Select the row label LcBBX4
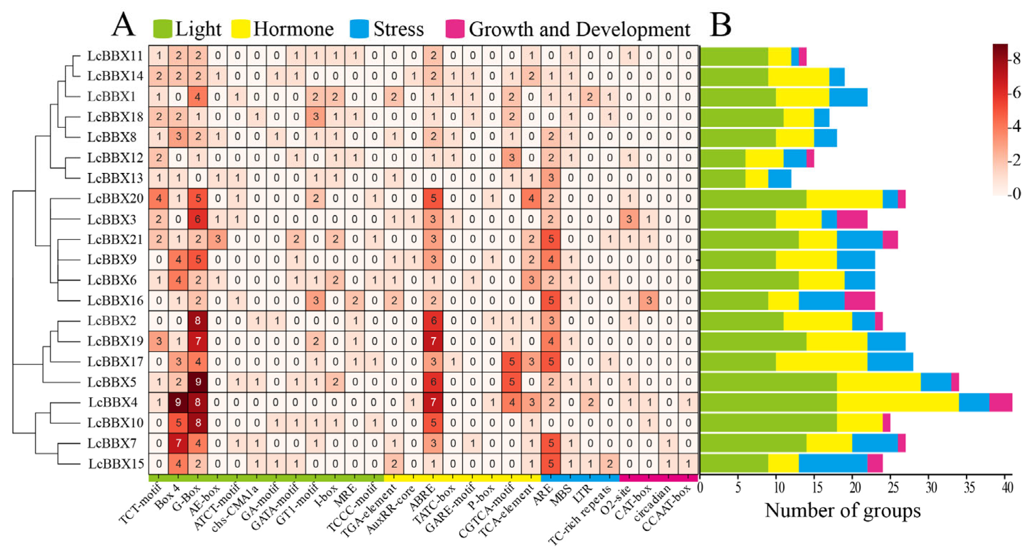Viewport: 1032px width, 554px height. coord(113,402)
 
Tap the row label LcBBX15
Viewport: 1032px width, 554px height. coord(116,464)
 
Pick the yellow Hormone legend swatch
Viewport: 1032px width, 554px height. coord(241,29)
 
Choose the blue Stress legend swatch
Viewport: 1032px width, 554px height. coord(359,29)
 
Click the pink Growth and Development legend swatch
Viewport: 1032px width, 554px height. coord(455,29)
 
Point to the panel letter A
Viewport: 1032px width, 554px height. coord(123,25)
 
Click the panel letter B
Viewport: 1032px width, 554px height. coord(720,25)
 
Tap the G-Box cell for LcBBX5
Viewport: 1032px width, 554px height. coord(198,382)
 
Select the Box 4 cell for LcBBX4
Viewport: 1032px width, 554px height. coord(178,402)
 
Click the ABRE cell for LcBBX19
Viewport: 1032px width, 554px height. coord(433,341)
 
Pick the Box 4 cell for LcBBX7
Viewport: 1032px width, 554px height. coord(178,443)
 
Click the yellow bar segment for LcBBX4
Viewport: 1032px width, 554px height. coord(897,402)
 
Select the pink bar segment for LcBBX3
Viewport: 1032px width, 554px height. coord(852,219)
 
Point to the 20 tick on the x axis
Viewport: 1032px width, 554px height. coord(855,488)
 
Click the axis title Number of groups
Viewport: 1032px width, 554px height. coord(843,511)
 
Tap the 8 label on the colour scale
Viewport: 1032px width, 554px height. coord(1016,59)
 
